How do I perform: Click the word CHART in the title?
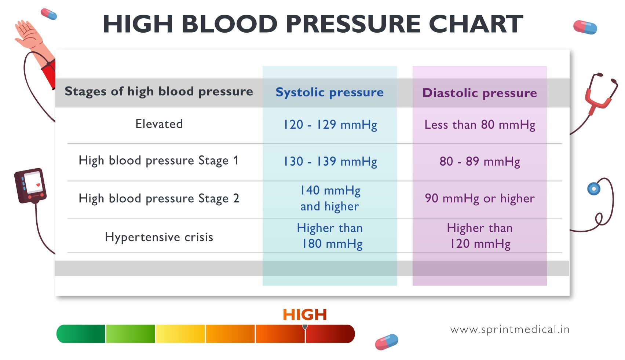pos(476,24)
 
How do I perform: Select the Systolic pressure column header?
pos(329,92)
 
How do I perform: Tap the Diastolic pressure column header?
pos(479,93)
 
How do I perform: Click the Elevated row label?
pos(159,124)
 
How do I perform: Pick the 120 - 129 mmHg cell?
pos(330,125)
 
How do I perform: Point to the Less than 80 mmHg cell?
pos(479,125)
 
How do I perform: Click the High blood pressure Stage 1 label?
pos(158,161)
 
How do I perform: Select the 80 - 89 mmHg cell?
pos(479,161)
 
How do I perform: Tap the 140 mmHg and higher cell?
pos(330,198)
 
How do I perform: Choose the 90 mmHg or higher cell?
pos(479,198)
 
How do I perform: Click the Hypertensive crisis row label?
pos(159,237)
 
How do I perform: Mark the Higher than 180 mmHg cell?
pos(330,236)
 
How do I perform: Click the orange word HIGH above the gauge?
pos(304,315)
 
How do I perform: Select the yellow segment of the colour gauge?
pos(180,334)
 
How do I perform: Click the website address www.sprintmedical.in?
pos(510,330)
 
